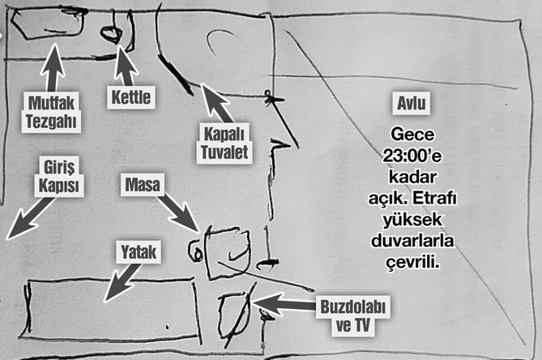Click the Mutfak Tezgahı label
53,110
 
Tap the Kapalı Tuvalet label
220,143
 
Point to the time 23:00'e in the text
412,154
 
